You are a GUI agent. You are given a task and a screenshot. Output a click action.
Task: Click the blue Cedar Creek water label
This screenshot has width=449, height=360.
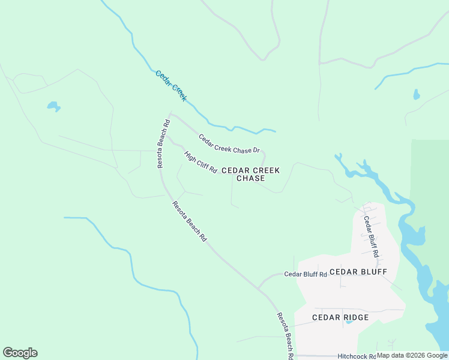click(x=171, y=86)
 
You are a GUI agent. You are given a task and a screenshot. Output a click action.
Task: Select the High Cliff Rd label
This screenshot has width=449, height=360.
click(x=200, y=162)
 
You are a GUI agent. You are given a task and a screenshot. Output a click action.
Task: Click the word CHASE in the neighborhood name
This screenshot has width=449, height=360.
click(x=250, y=179)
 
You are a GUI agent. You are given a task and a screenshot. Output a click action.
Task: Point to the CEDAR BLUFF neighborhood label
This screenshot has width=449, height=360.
click(x=358, y=272)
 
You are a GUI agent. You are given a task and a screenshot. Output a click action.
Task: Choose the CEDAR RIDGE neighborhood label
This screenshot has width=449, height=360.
click(x=340, y=317)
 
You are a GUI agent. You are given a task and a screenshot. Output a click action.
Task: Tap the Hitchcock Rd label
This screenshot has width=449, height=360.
click(x=356, y=356)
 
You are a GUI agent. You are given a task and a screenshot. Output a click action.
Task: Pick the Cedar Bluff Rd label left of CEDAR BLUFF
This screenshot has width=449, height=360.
click(x=305, y=274)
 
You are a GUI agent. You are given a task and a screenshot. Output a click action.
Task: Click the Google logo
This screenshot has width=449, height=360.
click(x=20, y=353)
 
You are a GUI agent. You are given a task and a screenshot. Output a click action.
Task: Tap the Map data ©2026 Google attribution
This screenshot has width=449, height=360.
click(x=412, y=355)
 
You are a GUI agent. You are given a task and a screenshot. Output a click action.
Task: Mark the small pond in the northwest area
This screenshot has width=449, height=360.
click(x=53, y=107)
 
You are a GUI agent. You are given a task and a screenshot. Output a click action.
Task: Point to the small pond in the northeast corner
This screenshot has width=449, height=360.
click(x=416, y=95)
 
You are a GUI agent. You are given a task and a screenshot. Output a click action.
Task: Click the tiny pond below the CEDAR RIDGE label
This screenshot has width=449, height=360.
click(x=348, y=323)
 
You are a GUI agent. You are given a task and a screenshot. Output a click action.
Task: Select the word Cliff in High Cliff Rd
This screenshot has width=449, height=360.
click(x=202, y=163)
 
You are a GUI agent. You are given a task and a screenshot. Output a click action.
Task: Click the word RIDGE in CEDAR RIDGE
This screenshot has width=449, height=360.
click(x=355, y=317)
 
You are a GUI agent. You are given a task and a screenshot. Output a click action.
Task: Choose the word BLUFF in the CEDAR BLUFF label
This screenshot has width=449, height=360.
click(x=373, y=272)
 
